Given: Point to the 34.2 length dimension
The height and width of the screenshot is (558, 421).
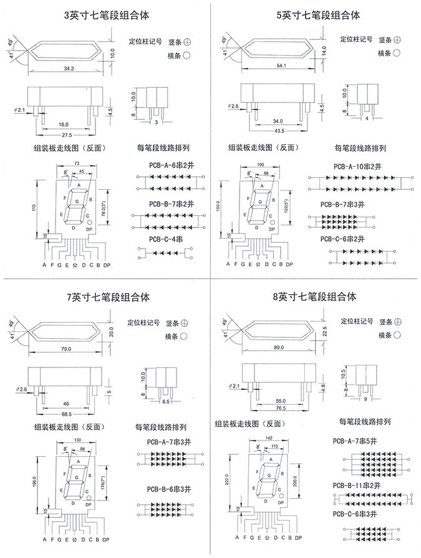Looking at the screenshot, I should pyautogui.click(x=69, y=67).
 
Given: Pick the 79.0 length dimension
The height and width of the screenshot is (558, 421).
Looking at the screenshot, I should pyautogui.click(x=65, y=349).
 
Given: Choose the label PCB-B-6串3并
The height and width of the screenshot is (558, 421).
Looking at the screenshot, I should pyautogui.click(x=171, y=489).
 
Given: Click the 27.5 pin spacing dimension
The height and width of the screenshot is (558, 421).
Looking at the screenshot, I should pyautogui.click(x=67, y=135).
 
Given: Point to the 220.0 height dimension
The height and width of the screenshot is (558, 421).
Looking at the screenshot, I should pyautogui.click(x=226, y=479).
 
